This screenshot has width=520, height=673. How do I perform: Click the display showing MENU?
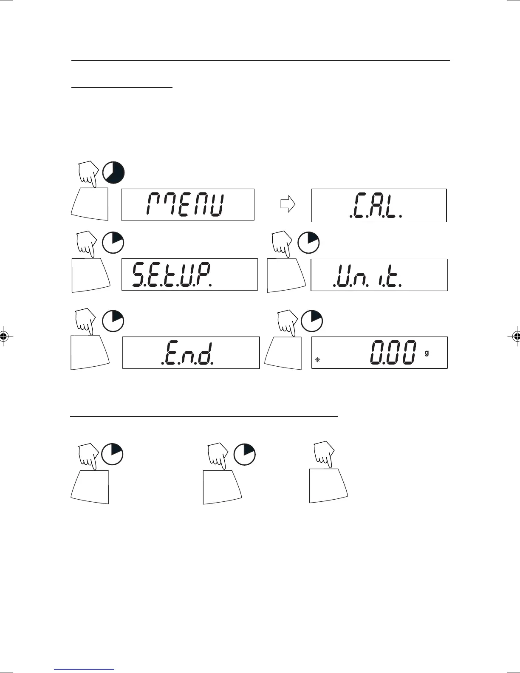[x=187, y=205]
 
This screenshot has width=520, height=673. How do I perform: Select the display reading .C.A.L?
[x=379, y=205]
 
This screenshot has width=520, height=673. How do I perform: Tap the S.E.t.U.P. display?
[x=189, y=274]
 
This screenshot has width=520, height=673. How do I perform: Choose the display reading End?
[x=191, y=353]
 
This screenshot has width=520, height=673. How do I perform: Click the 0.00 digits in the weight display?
[x=392, y=353]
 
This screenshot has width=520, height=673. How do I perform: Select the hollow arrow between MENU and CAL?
[x=288, y=205]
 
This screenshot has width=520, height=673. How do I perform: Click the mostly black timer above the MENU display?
[x=113, y=173]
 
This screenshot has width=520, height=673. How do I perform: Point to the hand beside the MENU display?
[x=88, y=175]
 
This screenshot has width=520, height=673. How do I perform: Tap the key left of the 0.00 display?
[x=283, y=352]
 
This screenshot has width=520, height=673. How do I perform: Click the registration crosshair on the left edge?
[x=3, y=336]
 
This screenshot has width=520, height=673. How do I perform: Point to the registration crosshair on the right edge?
[x=516, y=336]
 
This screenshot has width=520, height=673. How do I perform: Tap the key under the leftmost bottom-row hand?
[x=90, y=487]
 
